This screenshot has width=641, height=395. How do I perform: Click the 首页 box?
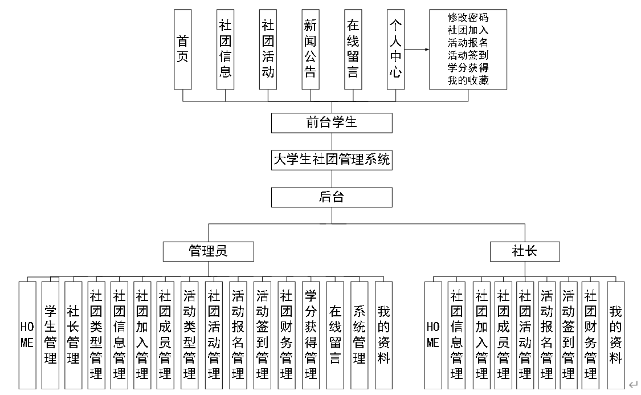183,49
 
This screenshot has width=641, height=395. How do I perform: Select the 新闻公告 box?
310,49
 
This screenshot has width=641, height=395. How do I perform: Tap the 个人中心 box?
395,49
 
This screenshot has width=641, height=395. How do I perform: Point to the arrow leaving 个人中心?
417,50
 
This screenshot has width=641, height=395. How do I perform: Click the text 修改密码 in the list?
468,18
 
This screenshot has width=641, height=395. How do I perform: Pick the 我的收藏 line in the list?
468,80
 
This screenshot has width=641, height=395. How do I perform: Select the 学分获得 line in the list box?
468,68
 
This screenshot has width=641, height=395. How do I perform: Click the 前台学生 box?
332,123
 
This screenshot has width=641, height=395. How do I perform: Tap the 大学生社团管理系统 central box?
332,160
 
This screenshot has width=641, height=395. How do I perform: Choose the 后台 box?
332,197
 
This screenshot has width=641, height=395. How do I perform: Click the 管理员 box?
208,251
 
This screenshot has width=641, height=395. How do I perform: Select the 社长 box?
525,251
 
